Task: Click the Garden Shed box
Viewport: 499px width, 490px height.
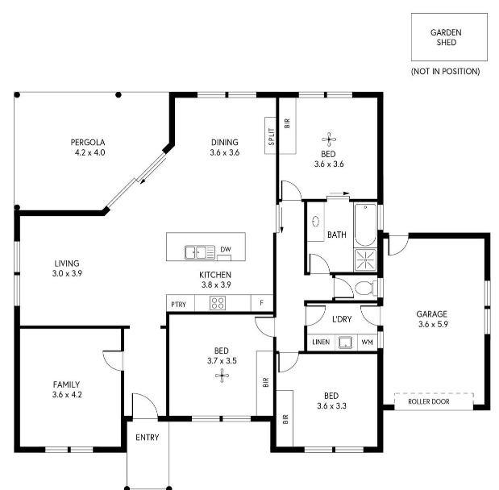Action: (x=449, y=37)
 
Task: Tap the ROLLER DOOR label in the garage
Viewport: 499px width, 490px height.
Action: (x=429, y=401)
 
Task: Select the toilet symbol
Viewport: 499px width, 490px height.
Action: (x=366, y=289)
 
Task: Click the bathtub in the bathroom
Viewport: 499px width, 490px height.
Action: (x=365, y=225)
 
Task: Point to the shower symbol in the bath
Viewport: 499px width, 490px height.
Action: (x=365, y=260)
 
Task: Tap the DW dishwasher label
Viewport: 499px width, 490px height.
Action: (x=226, y=250)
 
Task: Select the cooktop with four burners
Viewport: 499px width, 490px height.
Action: (x=218, y=303)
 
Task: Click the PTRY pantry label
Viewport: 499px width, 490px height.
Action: (x=178, y=305)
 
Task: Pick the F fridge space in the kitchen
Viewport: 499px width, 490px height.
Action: (x=262, y=303)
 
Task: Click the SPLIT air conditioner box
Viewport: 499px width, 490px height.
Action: (x=271, y=136)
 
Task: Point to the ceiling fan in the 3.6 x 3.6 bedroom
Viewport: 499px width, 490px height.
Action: (x=329, y=139)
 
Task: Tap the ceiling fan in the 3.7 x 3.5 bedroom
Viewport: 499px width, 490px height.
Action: (x=222, y=376)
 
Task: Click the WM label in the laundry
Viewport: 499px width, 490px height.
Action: (x=368, y=343)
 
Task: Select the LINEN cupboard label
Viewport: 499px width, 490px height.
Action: (x=321, y=342)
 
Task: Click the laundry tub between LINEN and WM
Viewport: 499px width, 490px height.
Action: (x=345, y=343)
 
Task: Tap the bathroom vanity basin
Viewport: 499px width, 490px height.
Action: (x=315, y=221)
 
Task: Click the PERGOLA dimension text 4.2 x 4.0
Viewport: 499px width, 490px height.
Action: (x=90, y=153)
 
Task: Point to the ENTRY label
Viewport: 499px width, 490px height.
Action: (x=148, y=438)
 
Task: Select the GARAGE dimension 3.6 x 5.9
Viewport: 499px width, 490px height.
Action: (x=433, y=325)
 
